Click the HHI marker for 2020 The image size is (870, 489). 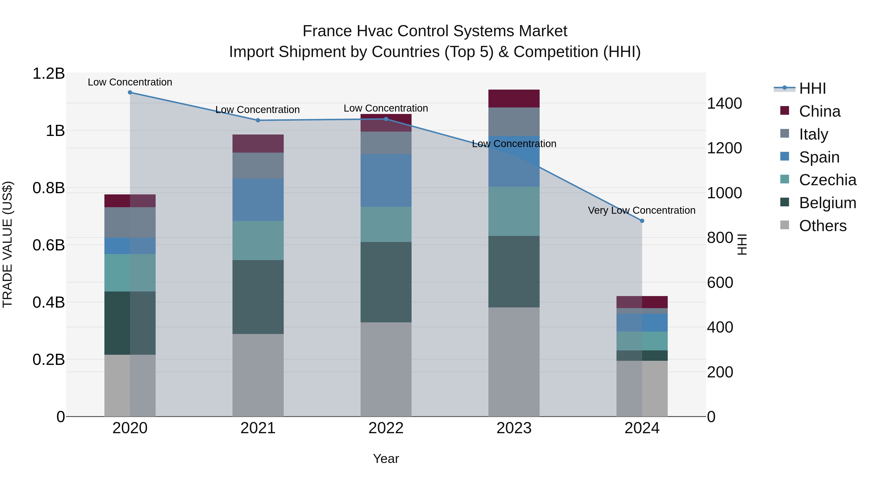[x=130, y=92]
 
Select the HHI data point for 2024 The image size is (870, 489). [x=642, y=221]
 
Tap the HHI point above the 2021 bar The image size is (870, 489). [x=258, y=120]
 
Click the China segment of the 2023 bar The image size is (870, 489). [x=514, y=99]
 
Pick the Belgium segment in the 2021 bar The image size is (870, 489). [x=258, y=297]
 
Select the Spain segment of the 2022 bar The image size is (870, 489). [x=386, y=181]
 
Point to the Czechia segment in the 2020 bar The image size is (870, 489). [x=130, y=273]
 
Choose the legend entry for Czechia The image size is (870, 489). [x=827, y=180]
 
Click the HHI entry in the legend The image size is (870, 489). [x=812, y=88]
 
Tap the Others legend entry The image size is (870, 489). [x=822, y=226]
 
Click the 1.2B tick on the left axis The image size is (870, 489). [x=49, y=74]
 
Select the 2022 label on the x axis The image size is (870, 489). [x=386, y=428]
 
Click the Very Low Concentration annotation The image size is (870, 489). [x=641, y=210]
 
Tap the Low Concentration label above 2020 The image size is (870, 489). [x=130, y=82]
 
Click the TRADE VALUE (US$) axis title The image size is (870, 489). [x=7, y=244]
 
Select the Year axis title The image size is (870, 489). [x=386, y=459]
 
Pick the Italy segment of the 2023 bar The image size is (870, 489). [x=514, y=121]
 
